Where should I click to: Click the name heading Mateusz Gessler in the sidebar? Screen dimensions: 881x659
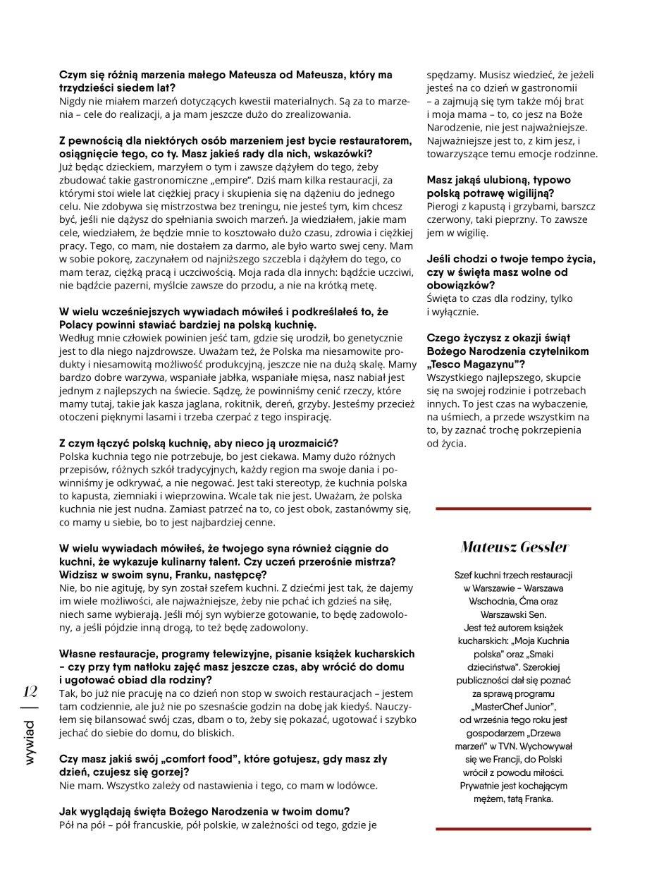(x=514, y=547)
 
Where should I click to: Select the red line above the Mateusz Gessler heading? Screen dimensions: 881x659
(x=513, y=509)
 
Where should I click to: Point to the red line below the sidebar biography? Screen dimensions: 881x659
(x=513, y=829)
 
